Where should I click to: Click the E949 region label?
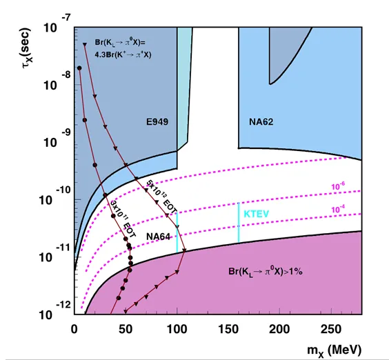pyautogui.click(x=157, y=122)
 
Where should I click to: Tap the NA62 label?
pyautogui.click(x=261, y=122)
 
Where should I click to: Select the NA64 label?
pyautogui.click(x=158, y=237)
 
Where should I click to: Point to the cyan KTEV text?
pyautogui.click(x=257, y=214)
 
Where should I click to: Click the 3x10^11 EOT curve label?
pyautogui.click(x=123, y=219)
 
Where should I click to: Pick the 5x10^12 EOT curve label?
pyautogui.click(x=161, y=197)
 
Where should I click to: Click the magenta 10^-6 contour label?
pyautogui.click(x=338, y=186)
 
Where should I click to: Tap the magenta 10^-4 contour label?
pyautogui.click(x=338, y=210)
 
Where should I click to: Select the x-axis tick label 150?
pyautogui.click(x=228, y=329)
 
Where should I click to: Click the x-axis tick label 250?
pyautogui.click(x=331, y=329)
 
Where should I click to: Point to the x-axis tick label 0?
pyautogui.click(x=74, y=329)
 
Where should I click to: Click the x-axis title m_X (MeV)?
pyautogui.click(x=335, y=350)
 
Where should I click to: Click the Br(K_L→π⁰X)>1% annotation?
pyautogui.click(x=266, y=272)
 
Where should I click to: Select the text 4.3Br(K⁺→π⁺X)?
pyautogui.click(x=123, y=54)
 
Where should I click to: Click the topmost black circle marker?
pyautogui.click(x=79, y=68)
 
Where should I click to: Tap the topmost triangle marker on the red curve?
pyautogui.click(x=85, y=45)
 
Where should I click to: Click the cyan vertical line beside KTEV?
pyautogui.click(x=239, y=223)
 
